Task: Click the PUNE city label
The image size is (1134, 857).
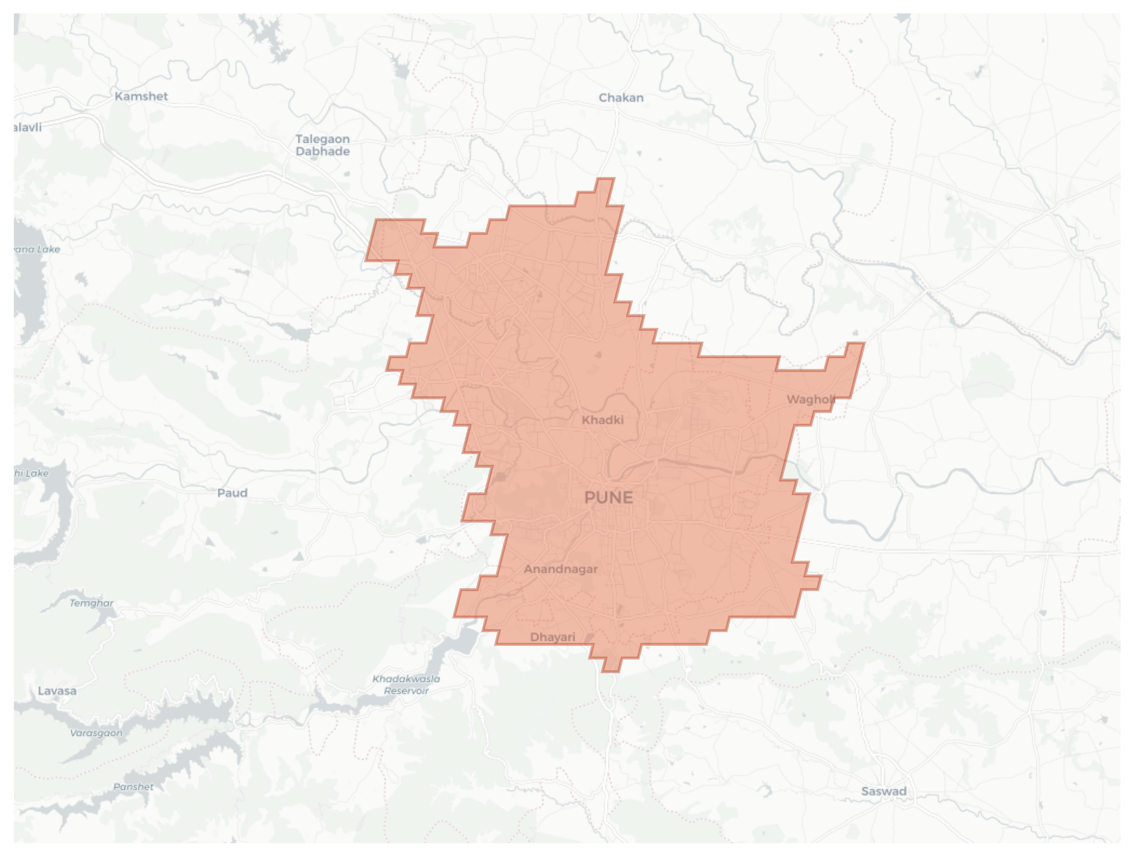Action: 608,497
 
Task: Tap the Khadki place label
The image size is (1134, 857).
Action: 602,420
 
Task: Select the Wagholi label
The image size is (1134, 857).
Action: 810,399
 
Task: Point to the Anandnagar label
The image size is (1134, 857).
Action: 561,569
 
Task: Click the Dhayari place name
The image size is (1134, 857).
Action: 552,637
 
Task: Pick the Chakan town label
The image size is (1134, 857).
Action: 621,97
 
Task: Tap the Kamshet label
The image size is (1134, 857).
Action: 141,96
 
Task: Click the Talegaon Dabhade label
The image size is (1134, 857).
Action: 323,145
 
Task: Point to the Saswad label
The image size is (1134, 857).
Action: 884,791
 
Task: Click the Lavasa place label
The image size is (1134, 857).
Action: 57,691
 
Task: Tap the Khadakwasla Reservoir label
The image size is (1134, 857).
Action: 406,684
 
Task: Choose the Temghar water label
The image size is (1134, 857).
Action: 91,603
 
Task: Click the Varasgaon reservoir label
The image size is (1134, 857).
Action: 96,733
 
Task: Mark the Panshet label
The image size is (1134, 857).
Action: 133,786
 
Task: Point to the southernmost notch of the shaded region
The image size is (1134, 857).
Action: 611,670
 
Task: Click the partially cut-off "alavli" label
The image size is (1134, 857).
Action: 28,127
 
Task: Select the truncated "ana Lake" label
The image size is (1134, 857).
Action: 37,249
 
